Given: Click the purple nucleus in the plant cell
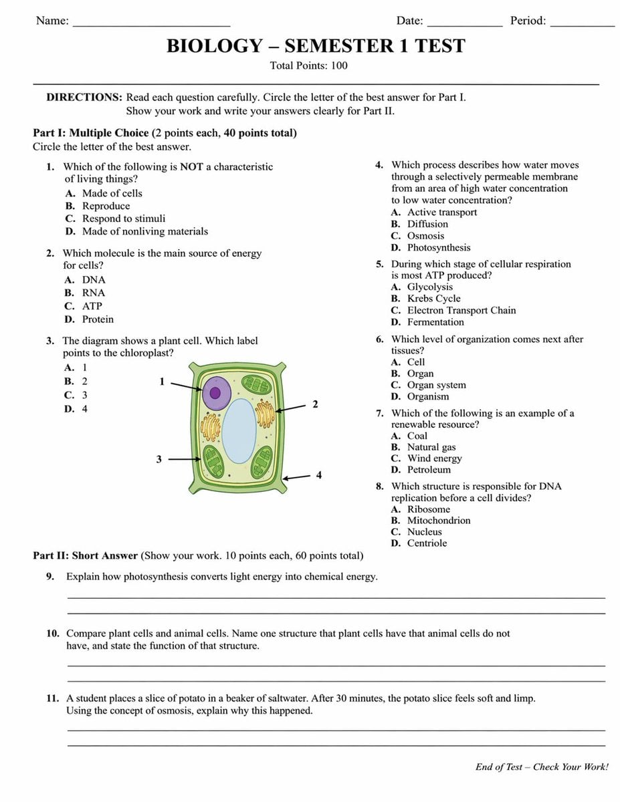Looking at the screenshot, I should [216, 392].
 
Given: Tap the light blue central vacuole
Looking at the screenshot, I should [239, 431].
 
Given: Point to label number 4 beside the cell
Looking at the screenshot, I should [318, 475].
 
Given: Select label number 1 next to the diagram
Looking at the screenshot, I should [162, 382].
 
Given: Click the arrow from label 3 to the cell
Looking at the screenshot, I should [185, 459].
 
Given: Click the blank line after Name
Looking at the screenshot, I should [151, 24].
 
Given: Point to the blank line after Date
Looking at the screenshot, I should [464, 24].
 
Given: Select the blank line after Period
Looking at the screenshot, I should [582, 24].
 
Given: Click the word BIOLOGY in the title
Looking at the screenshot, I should [215, 46].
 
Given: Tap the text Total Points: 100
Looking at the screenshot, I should [308, 65].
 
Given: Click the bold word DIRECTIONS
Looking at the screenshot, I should [84, 98].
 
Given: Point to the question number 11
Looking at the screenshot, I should [54, 698].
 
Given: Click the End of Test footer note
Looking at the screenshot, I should [542, 767].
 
